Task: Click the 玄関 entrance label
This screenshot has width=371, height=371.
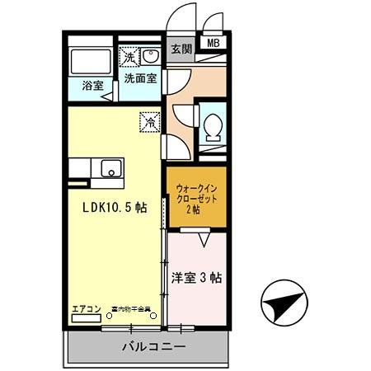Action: point(181,49)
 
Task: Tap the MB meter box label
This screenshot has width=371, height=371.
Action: point(213,44)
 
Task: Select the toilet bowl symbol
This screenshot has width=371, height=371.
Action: point(213,125)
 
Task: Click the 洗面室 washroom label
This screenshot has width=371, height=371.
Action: point(140,80)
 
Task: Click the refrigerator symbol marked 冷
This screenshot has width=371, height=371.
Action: point(150,120)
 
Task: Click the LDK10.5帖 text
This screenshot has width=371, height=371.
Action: point(114,208)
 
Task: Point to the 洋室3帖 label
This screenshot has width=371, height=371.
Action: point(197,278)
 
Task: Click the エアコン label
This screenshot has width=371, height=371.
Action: point(86,309)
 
